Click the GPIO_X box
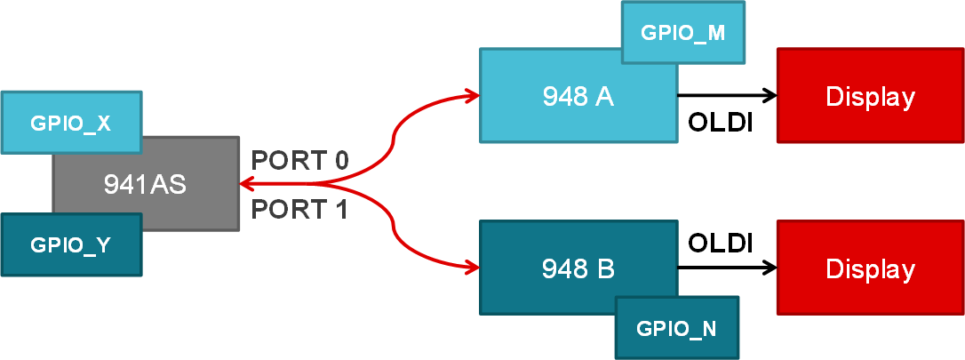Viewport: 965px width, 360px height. coord(71,123)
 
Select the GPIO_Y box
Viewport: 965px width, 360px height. coord(71,244)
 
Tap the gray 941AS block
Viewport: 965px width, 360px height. coord(146,184)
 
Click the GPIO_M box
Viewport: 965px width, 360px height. coord(682,32)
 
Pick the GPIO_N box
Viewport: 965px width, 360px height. coord(676,328)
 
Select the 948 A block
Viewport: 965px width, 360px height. coord(578,96)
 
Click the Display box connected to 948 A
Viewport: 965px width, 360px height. coord(870,96)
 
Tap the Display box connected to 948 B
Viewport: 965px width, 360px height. coord(870,268)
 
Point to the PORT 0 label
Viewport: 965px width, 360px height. coord(299,161)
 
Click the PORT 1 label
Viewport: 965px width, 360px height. coord(299,210)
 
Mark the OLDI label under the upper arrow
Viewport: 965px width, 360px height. coord(721,123)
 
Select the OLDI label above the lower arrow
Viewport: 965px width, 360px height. coord(721,242)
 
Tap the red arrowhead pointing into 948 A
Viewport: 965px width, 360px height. coord(470,94)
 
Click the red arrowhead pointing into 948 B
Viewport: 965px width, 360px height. coord(470,265)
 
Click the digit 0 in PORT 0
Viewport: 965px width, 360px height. coord(339,161)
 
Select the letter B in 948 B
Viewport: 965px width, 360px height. coord(605,268)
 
